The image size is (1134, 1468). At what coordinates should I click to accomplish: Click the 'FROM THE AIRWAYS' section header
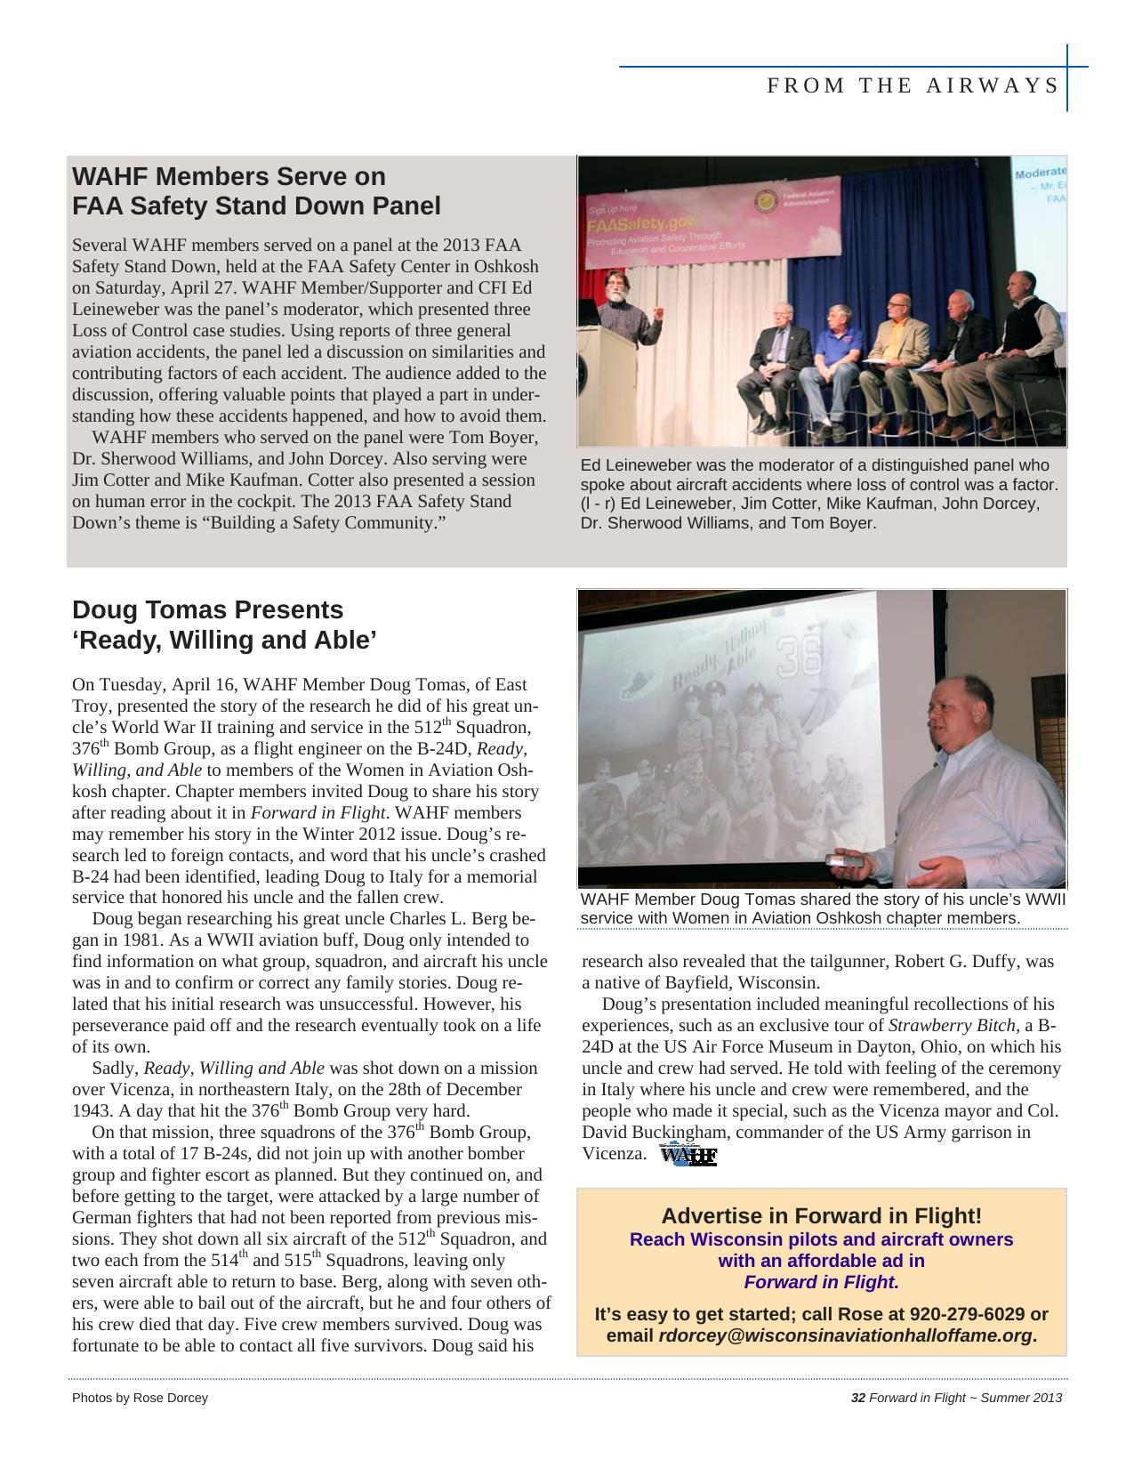click(x=913, y=85)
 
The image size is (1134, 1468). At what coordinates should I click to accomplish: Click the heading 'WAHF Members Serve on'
click(x=229, y=175)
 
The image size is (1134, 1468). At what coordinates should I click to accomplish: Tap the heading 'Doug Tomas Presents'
click(x=207, y=610)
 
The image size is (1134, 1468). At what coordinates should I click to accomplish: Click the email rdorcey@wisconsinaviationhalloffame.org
click(x=845, y=1335)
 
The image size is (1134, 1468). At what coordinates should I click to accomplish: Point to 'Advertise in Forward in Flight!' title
click(x=821, y=1216)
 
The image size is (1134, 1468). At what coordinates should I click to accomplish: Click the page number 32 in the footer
click(x=858, y=1398)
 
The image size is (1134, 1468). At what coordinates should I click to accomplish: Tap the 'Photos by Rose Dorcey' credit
click(x=140, y=1398)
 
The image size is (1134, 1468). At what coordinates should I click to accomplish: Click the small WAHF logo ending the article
click(x=688, y=1156)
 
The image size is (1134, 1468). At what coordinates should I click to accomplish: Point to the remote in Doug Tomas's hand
click(x=841, y=860)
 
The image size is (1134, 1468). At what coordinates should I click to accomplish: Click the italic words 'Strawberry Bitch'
click(x=951, y=1026)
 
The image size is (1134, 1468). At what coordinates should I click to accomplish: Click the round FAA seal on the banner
click(x=764, y=202)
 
